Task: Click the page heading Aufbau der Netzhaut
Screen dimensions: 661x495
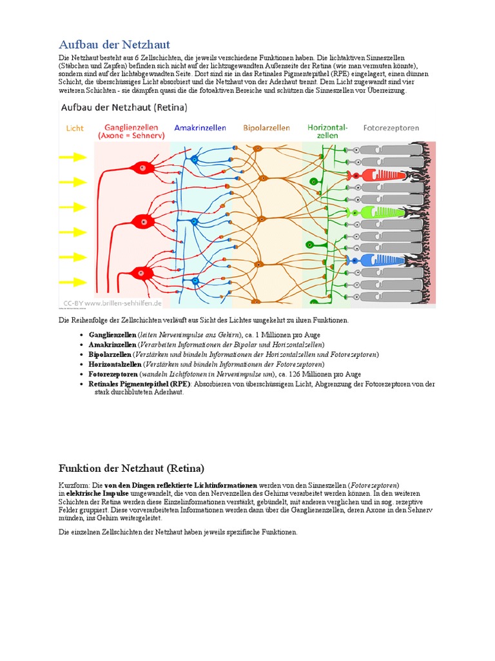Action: coord(114,45)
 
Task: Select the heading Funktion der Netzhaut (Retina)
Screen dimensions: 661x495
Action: coord(131,468)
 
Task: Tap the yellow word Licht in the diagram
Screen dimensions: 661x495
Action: coord(75,128)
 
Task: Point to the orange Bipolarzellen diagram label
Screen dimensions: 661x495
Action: coord(266,128)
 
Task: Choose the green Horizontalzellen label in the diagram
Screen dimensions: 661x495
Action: coord(327,131)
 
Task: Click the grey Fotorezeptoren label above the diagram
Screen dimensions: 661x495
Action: coord(391,128)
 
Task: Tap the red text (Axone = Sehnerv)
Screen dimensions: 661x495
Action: coord(131,136)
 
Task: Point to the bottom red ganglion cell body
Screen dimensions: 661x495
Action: coord(141,274)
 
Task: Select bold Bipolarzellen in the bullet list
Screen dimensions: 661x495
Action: coord(110,354)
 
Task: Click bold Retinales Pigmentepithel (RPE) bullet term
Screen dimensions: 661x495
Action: coord(139,383)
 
